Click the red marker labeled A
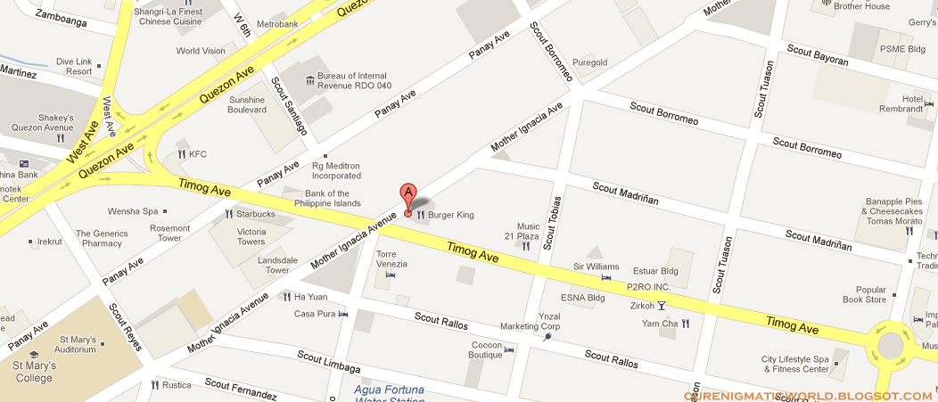click(408, 199)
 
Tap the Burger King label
click(450, 215)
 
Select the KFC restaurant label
click(197, 154)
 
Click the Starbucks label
click(256, 214)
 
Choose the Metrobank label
click(276, 25)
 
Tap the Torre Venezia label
click(391, 259)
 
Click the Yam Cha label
click(660, 324)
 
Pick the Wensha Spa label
click(132, 211)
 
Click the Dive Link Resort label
click(74, 65)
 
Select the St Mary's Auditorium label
click(77, 344)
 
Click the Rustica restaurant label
click(177, 386)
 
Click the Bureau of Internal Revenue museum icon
click(309, 80)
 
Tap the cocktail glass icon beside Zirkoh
click(662, 307)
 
